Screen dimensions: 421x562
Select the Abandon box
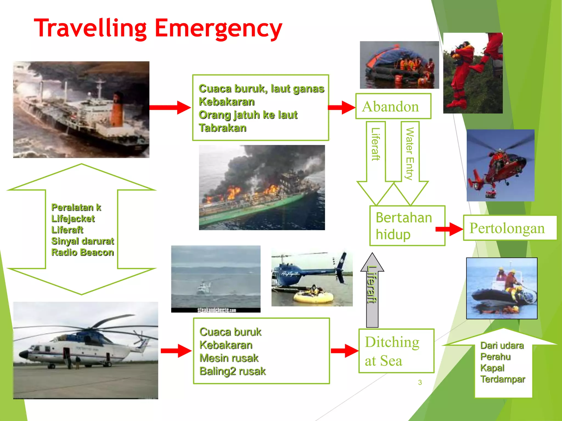[x=393, y=106]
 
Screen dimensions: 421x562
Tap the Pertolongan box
[x=509, y=228]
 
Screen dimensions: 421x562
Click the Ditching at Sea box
[x=396, y=351]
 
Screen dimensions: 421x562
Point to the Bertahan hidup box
[x=407, y=226]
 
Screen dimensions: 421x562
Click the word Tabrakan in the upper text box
[x=223, y=128]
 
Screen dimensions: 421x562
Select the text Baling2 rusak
[x=232, y=371]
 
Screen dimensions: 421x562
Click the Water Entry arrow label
[x=410, y=153]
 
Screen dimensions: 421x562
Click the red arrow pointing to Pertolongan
[x=449, y=229]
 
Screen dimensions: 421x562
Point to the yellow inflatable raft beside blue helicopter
[x=313, y=297]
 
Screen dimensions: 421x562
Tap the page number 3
[x=420, y=382]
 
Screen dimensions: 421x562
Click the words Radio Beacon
[x=82, y=252]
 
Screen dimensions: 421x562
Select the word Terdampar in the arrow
[x=502, y=379]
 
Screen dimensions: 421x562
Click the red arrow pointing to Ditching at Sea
[x=344, y=351]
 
